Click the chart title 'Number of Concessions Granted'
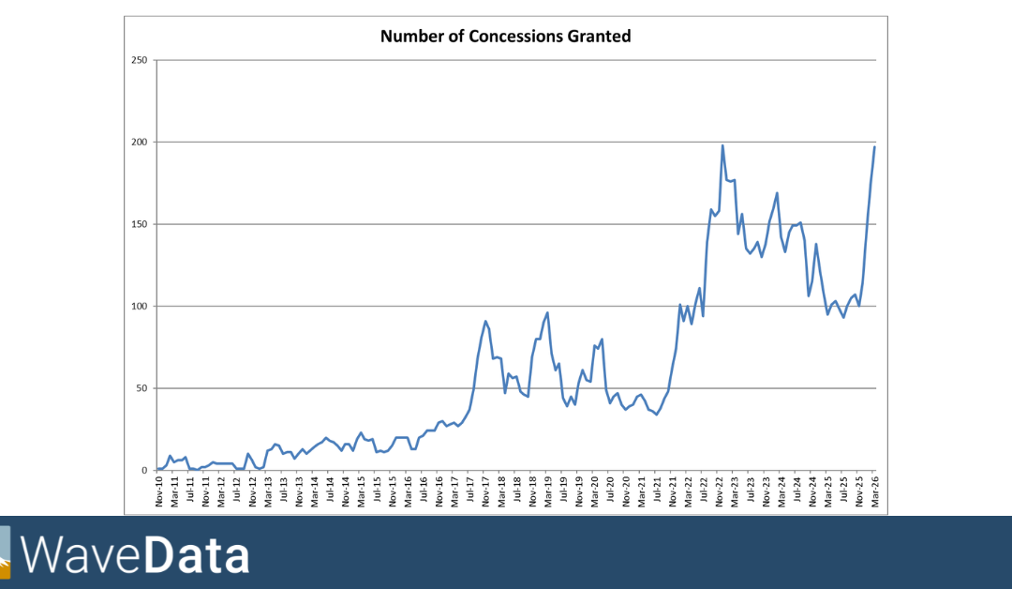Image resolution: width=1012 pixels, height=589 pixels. coord(505,37)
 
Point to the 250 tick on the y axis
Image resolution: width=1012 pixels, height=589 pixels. coord(140,60)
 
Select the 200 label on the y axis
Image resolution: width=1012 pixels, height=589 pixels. coord(140,143)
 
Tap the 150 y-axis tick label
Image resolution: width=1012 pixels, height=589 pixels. coord(140,224)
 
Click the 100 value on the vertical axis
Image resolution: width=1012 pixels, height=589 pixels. coord(140,307)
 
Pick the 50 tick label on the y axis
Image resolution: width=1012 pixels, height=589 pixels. coord(142,388)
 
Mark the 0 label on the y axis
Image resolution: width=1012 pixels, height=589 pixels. coord(145,471)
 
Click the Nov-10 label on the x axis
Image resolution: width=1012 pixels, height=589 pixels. coord(160,492)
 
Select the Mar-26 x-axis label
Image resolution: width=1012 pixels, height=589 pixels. coord(874,492)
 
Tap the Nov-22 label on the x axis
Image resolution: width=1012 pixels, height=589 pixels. coord(720,492)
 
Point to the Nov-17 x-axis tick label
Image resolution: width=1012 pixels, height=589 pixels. coord(486,492)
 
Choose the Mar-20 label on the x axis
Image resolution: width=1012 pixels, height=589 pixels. coord(595,492)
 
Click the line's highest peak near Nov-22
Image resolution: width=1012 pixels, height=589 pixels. coord(722,145)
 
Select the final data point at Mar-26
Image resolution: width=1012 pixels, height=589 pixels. coord(874,146)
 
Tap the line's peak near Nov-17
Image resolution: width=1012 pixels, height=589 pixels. coord(485,322)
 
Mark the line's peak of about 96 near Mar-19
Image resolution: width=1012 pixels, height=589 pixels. coord(547,313)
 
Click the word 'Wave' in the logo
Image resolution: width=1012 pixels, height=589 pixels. coord(82,554)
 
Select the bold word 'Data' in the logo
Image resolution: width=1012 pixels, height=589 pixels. coord(197,554)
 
